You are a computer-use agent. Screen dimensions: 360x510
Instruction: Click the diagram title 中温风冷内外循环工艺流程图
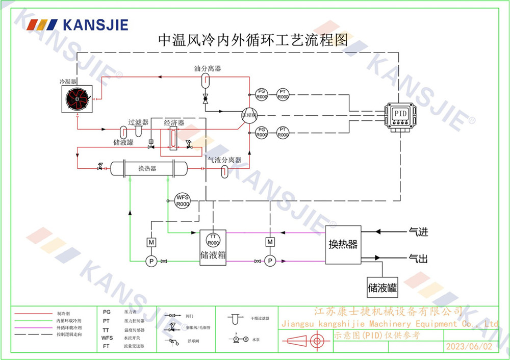coord(253,40)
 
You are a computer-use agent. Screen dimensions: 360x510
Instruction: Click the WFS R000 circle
coord(182,200)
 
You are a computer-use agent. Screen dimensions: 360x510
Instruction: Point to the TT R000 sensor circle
coord(213,239)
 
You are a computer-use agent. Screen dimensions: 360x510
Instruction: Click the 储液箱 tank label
coord(213,254)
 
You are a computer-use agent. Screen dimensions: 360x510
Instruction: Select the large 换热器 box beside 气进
coord(343,245)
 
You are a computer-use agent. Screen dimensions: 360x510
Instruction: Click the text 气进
coord(418,233)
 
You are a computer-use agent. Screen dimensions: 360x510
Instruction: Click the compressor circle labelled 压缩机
coord(250,115)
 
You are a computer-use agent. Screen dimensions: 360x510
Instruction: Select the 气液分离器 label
coord(224,160)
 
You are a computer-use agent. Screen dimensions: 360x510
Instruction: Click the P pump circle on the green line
coord(151,261)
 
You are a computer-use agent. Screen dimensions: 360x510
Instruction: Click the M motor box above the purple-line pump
coord(270,241)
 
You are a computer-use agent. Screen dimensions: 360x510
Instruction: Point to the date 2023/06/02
coord(470,346)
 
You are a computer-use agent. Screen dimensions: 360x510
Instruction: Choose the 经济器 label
coord(174,123)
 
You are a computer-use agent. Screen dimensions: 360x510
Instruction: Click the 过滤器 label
coord(138,122)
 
